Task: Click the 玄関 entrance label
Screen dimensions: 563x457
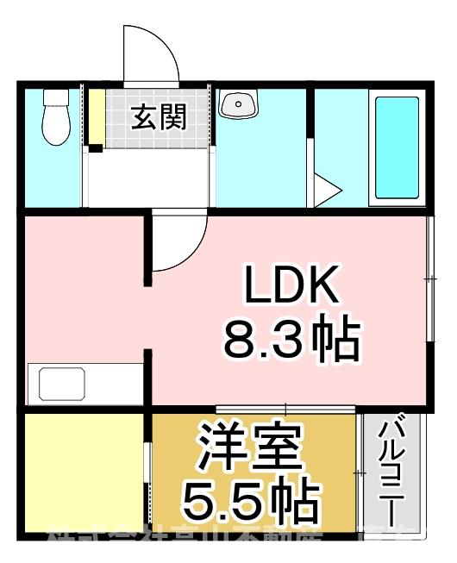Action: click(159, 118)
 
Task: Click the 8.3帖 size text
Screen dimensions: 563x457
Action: click(291, 340)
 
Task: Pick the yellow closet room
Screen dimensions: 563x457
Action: click(82, 472)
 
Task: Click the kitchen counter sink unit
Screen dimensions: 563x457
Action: click(84, 383)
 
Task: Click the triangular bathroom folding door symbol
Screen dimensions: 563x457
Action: click(325, 191)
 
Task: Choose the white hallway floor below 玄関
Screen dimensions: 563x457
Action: click(147, 178)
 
